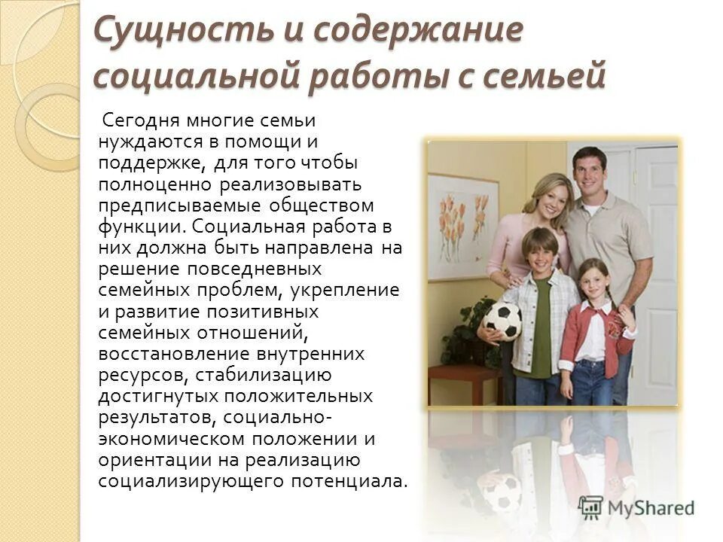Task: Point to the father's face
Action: click(x=590, y=171)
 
